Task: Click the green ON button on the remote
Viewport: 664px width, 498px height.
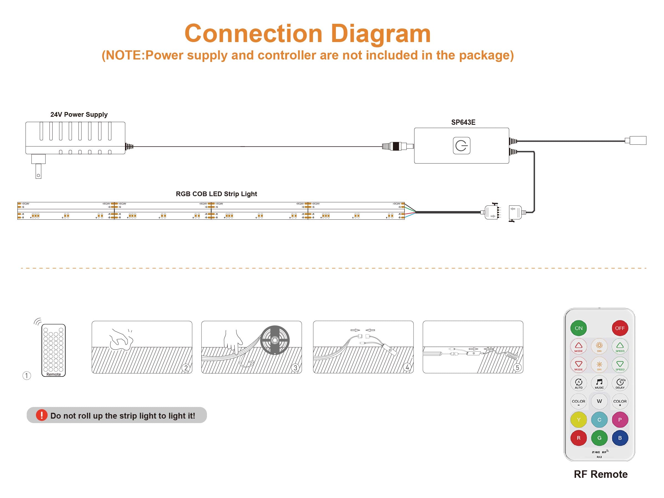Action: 579,328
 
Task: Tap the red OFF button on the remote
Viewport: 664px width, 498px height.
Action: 620,328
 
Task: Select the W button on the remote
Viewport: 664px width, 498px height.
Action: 599,401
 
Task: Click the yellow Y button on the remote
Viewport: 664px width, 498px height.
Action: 579,420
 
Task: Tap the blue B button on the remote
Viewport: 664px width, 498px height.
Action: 620,438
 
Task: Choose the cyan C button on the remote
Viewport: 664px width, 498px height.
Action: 599,420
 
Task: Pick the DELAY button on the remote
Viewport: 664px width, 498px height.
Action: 620,383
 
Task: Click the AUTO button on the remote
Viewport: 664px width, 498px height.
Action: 579,383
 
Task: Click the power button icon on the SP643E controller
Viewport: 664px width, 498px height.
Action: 461,146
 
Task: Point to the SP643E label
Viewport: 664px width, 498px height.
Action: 463,123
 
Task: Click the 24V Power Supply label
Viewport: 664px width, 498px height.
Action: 79,115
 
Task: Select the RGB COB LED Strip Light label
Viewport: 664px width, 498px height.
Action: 216,194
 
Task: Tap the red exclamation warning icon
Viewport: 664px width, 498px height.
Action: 42,415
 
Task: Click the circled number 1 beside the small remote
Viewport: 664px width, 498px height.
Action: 27,375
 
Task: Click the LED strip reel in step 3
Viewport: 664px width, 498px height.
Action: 275,340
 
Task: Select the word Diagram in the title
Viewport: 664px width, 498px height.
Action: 381,34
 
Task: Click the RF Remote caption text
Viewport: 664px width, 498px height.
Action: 600,474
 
